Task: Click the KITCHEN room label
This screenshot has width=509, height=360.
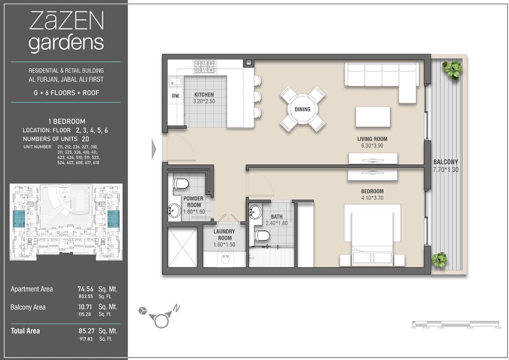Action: click(204, 95)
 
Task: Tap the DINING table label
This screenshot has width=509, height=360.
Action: click(303, 109)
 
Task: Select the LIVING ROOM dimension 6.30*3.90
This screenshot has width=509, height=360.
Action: click(372, 146)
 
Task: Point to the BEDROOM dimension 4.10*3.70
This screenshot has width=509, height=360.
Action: click(372, 199)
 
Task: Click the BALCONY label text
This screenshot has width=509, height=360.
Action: click(446, 162)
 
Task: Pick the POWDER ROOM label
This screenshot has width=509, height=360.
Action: click(193, 202)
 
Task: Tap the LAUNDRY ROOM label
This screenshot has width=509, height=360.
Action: click(224, 235)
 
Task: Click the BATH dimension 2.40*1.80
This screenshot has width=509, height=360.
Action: click(277, 223)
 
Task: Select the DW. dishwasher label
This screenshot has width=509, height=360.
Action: click(175, 97)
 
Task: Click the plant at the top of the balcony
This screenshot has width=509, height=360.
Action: click(452, 69)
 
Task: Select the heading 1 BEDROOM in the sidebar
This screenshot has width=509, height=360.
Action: click(66, 121)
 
